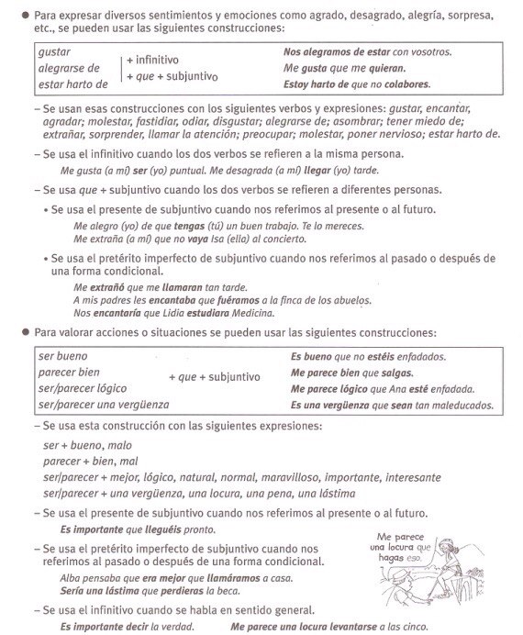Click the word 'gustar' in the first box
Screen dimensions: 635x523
[x=54, y=51]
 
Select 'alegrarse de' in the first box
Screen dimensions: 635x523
[x=68, y=68]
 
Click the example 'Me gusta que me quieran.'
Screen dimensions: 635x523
[x=345, y=68]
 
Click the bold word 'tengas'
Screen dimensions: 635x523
[x=172, y=224]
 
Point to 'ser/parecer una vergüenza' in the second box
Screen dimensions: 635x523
[x=104, y=405]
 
